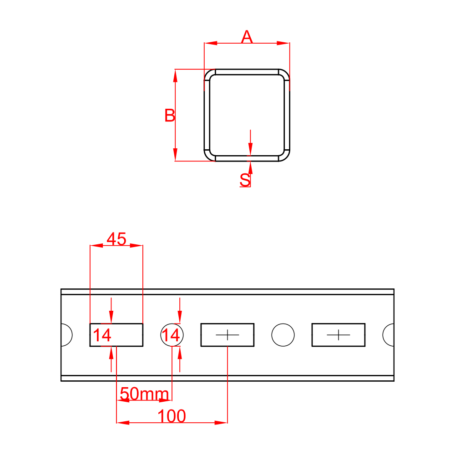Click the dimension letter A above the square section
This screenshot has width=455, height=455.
click(247, 37)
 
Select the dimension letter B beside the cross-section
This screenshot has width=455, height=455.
click(169, 116)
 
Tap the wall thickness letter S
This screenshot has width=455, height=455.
click(245, 180)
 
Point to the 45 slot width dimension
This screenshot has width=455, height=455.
click(116, 239)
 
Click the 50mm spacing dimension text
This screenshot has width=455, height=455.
click(144, 393)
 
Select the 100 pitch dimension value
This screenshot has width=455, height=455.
click(172, 416)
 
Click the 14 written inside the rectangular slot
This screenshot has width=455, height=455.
click(102, 335)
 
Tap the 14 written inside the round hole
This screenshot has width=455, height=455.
click(172, 335)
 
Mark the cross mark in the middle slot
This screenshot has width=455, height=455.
click(227, 335)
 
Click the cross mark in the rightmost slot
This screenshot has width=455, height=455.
click(338, 335)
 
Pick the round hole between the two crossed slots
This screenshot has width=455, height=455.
click(283, 335)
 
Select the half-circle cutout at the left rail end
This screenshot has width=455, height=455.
click(66, 335)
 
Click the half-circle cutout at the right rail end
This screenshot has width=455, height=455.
click(389, 335)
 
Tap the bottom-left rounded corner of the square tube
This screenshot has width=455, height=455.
click(210, 155)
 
